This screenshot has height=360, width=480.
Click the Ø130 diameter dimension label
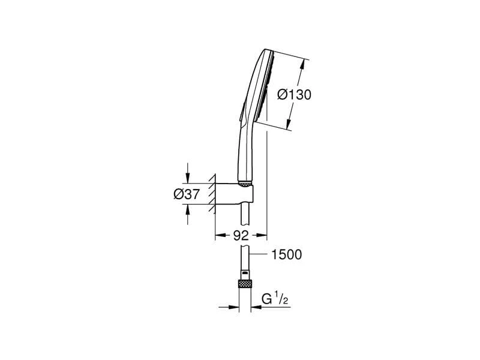click(295, 95)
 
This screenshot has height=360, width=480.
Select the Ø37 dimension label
click(186, 193)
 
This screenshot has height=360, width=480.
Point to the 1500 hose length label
click(286, 255)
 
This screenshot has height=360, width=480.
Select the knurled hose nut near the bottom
click(244, 283)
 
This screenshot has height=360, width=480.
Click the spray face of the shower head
click(268, 90)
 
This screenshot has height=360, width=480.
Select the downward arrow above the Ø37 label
click(188, 178)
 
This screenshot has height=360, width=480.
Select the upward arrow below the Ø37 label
click(188, 208)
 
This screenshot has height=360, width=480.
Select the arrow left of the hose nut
click(234, 307)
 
